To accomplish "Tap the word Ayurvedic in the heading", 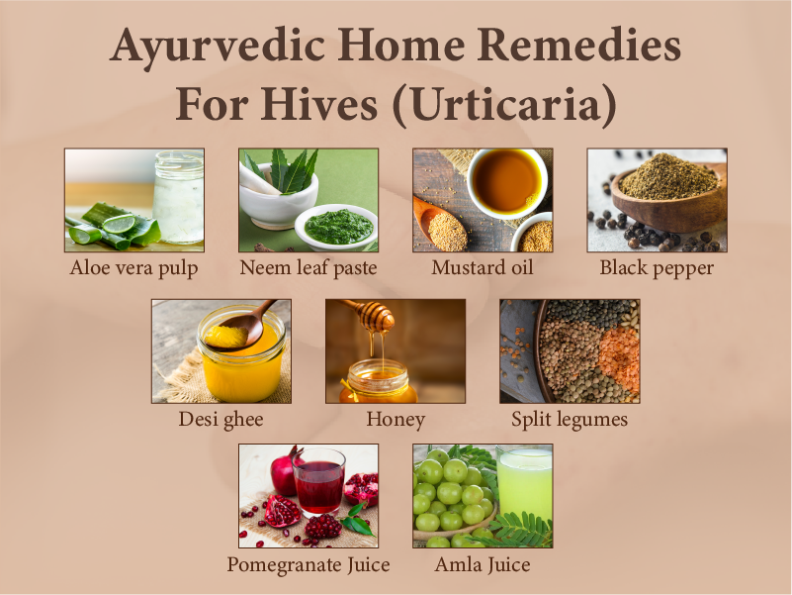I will pyautogui.click(x=201, y=47).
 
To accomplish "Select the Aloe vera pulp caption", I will pyautogui.click(x=133, y=267).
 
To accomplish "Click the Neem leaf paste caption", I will pyautogui.click(x=308, y=267).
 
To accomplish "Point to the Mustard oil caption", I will pyautogui.click(x=483, y=267).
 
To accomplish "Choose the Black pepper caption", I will pyautogui.click(x=657, y=267).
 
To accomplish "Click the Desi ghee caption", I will pyautogui.click(x=220, y=419).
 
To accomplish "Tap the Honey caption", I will pyautogui.click(x=396, y=419).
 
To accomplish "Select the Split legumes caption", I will pyautogui.click(x=570, y=419).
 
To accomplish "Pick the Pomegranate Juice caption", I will pyautogui.click(x=308, y=565).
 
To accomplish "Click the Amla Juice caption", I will pyautogui.click(x=483, y=565).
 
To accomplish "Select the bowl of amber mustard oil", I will pyautogui.click(x=506, y=180).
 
